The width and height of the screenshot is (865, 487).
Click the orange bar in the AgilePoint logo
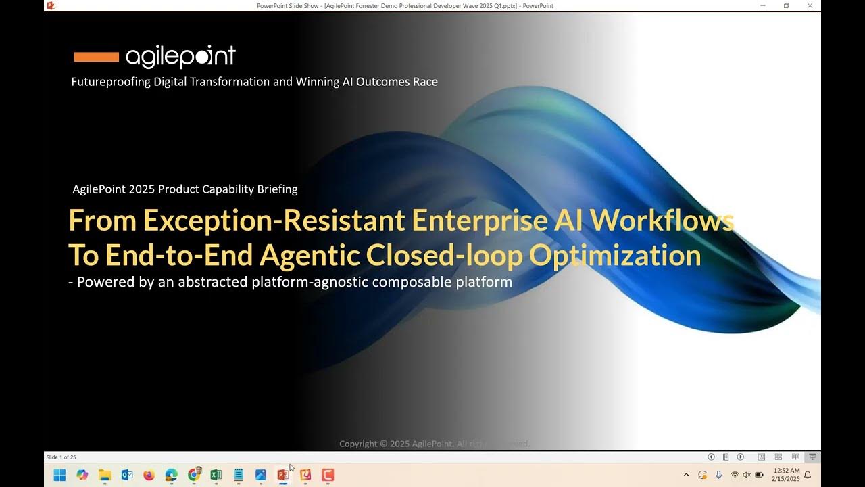pyautogui.click(x=96, y=57)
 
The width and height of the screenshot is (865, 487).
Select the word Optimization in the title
pyautogui.click(x=614, y=255)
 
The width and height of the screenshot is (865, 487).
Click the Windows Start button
pyautogui.click(x=59, y=475)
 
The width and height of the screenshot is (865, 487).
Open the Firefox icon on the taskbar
pyautogui.click(x=149, y=475)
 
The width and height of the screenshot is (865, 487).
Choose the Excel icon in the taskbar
pyautogui.click(x=216, y=475)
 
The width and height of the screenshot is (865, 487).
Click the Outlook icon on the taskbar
pyautogui.click(x=126, y=475)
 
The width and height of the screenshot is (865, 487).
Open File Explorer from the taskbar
pyautogui.click(x=104, y=475)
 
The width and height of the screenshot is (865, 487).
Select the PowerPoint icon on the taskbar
pyautogui.click(x=282, y=475)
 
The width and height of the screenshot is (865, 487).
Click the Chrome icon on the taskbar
pyautogui.click(x=193, y=475)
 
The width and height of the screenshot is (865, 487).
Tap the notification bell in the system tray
pyautogui.click(x=808, y=475)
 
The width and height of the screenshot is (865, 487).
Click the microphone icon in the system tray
pyautogui.click(x=718, y=475)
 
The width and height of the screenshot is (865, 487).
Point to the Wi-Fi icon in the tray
pyautogui.click(x=734, y=475)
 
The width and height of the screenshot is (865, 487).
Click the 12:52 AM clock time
pyautogui.click(x=786, y=471)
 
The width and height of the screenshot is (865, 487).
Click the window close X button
pyautogui.click(x=810, y=5)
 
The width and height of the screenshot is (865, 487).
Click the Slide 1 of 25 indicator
pyautogui.click(x=61, y=457)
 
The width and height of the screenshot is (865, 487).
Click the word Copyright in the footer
pyautogui.click(x=358, y=444)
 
